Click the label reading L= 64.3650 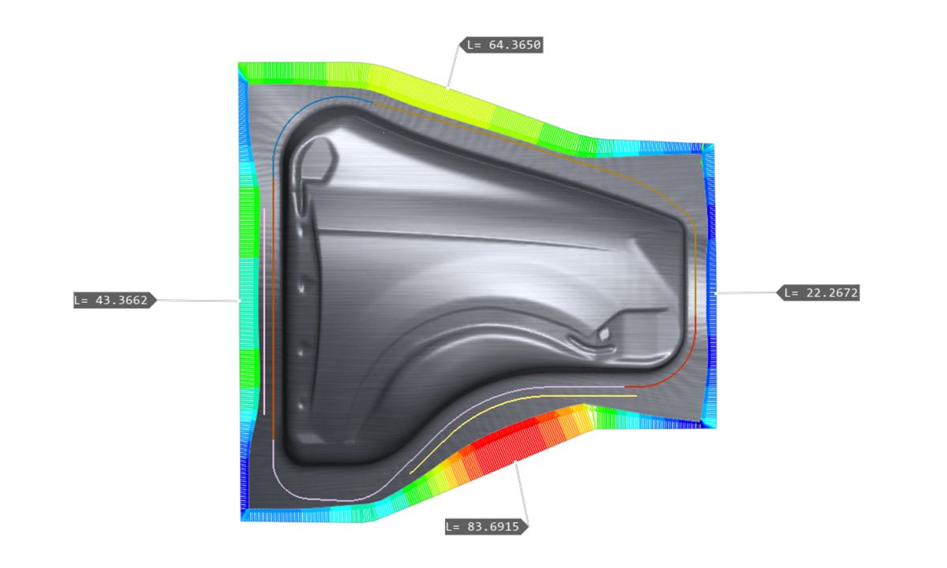click(x=501, y=45)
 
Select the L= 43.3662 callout click(x=114, y=300)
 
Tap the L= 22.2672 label click(x=818, y=293)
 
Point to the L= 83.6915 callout click(x=487, y=527)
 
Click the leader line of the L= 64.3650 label click(x=453, y=67)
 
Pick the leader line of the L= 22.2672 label click(x=747, y=293)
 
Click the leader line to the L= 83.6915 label click(x=522, y=494)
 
